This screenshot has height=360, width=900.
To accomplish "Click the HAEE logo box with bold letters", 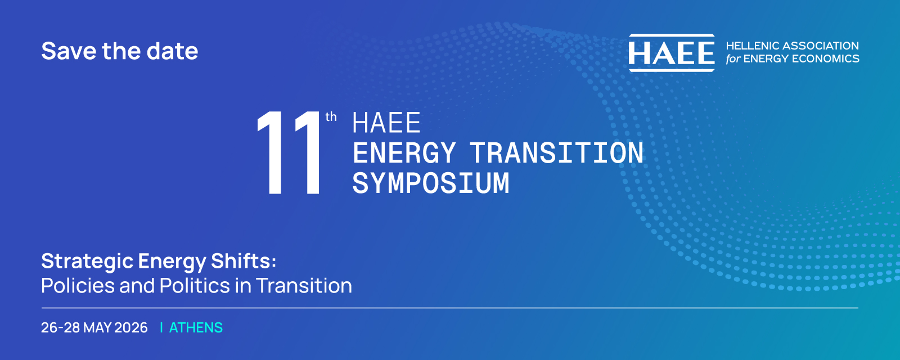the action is coord(672,53).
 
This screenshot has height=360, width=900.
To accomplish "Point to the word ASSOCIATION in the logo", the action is coord(821,46).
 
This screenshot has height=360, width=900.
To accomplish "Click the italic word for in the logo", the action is coord(733,58).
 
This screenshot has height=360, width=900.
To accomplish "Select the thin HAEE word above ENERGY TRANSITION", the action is coord(386,123).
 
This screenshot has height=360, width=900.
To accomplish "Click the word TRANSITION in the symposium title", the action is coord(557,152).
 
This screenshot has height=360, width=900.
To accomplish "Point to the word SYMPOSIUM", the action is coord(431,183).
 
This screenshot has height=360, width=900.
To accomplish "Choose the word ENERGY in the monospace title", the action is coord(404,152).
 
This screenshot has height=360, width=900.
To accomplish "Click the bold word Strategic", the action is coord(87,262).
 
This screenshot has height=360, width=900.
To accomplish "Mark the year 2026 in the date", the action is coord(131,328).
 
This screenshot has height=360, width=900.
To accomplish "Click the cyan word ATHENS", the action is coord(196,328).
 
